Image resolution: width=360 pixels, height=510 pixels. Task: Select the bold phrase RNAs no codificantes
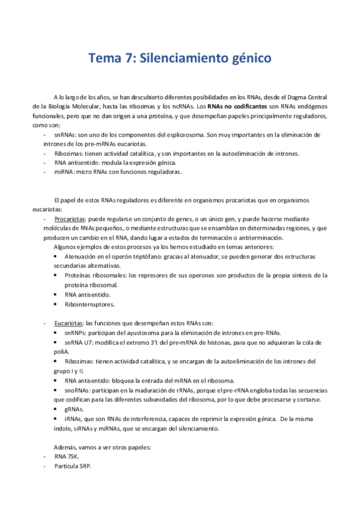coord(233,106)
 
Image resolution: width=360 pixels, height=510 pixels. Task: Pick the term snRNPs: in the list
coord(78,333)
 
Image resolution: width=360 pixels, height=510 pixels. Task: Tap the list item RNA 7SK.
coord(68,457)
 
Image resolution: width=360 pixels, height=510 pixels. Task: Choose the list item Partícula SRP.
coord(72,467)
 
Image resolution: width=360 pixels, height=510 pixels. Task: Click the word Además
coord(66,447)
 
